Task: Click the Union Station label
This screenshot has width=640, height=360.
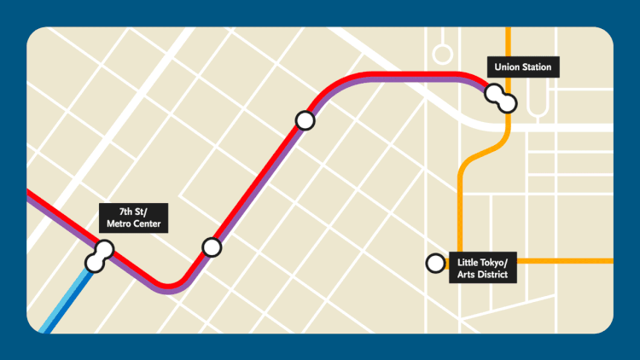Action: coord(523,67)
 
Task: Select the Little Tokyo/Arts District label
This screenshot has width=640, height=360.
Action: coord(483,267)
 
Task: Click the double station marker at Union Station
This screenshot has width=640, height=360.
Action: coord(501,98)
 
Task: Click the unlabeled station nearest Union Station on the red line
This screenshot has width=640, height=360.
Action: coord(305,120)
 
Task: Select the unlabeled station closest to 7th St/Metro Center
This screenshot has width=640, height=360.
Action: coord(212,247)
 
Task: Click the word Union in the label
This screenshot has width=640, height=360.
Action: coord(508,67)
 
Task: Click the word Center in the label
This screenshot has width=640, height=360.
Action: coord(147,224)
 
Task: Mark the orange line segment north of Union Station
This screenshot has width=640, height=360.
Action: coord(509,43)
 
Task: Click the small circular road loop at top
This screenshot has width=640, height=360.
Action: coord(442,54)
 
